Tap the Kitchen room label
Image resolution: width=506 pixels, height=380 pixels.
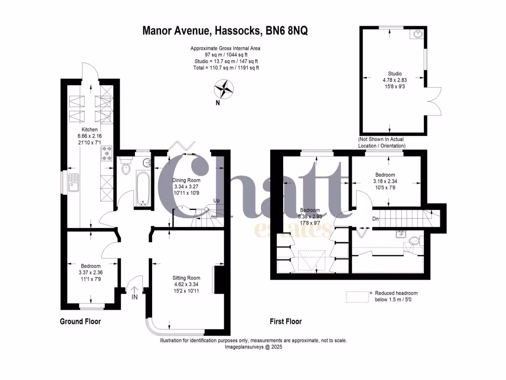(83, 130)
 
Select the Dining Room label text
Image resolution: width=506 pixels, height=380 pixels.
(186, 180)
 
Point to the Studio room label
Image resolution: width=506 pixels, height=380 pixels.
(392, 74)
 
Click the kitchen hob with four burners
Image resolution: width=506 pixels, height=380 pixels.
(107, 153)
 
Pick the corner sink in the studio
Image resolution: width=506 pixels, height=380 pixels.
(418, 34)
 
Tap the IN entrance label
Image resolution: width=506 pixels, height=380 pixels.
(135, 297)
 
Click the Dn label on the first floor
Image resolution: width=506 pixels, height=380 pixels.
(376, 218)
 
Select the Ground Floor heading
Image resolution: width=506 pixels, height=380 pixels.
(80, 322)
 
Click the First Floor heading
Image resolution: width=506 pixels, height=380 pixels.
(286, 322)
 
